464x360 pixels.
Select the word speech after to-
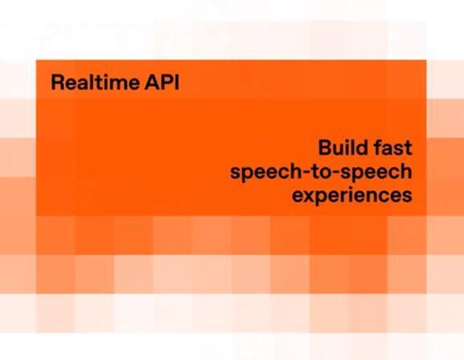(x=378, y=173)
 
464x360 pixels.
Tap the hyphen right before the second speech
(x=342, y=172)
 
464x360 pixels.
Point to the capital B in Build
(x=325, y=149)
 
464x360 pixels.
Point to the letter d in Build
(x=362, y=149)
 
